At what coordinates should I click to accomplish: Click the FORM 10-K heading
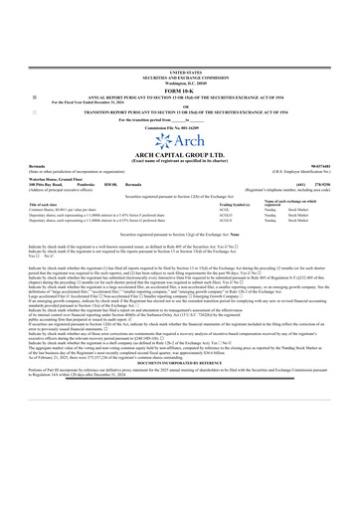click(x=179, y=94)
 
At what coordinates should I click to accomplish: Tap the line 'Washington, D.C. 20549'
click(x=179, y=83)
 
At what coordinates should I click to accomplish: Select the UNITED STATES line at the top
click(x=179, y=73)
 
